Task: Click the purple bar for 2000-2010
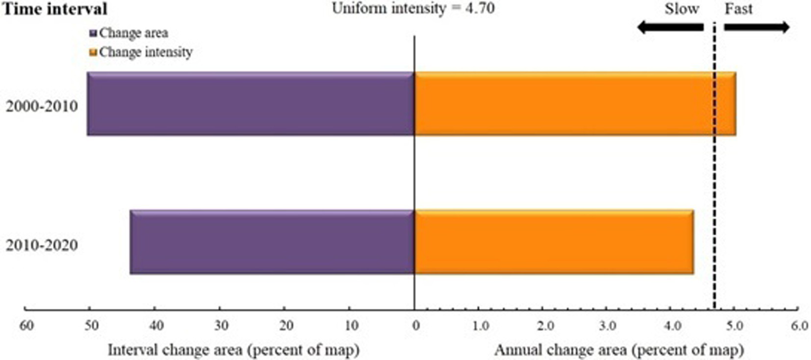coord(250,104)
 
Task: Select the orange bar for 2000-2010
coord(575,104)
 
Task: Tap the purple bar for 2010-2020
coord(272,242)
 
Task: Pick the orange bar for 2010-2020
coord(554,242)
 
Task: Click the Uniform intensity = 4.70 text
coord(413,10)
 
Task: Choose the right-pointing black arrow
coord(757,28)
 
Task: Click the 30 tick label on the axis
coord(220,324)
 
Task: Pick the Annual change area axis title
coord(619,349)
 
